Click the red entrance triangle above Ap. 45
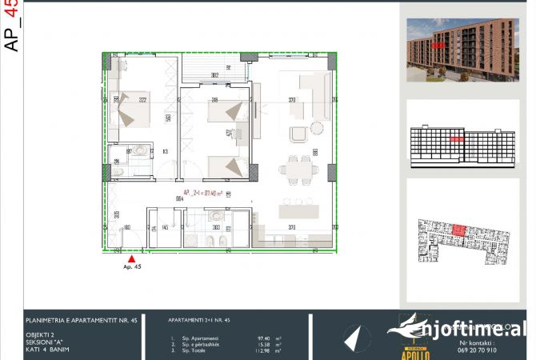point(131,258)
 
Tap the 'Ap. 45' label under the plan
point(131,268)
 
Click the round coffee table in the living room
point(318,127)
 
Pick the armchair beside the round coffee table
point(299,134)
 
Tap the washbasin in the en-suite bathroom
point(139,149)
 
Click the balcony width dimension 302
point(214,75)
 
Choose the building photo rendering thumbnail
point(452,50)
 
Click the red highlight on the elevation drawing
point(456,138)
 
